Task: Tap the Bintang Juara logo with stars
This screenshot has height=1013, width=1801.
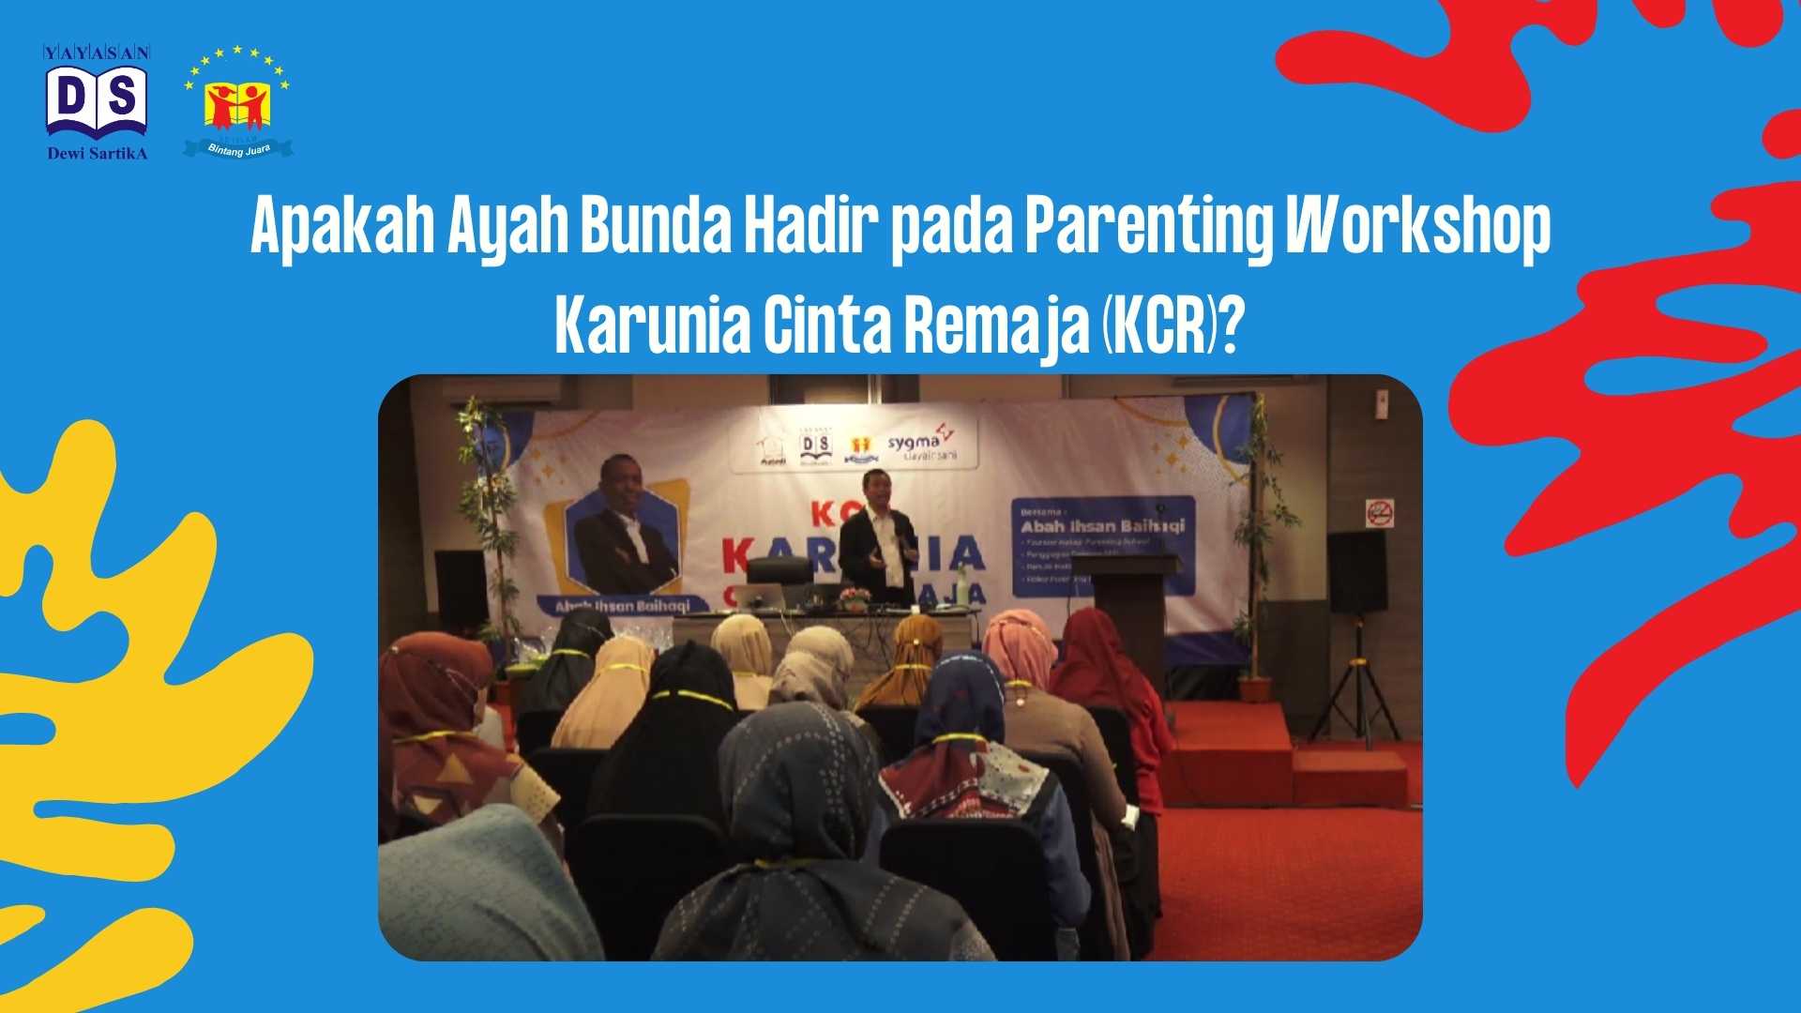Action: tap(237, 102)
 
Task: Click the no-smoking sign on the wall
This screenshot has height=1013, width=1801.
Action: tap(1379, 513)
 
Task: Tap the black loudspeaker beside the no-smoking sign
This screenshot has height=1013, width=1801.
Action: tap(1356, 572)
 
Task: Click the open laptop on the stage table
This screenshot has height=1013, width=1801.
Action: tap(759, 596)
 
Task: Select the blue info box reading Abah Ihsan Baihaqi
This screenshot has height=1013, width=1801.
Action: tap(1103, 546)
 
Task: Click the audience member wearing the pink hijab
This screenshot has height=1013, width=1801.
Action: tap(1019, 647)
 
